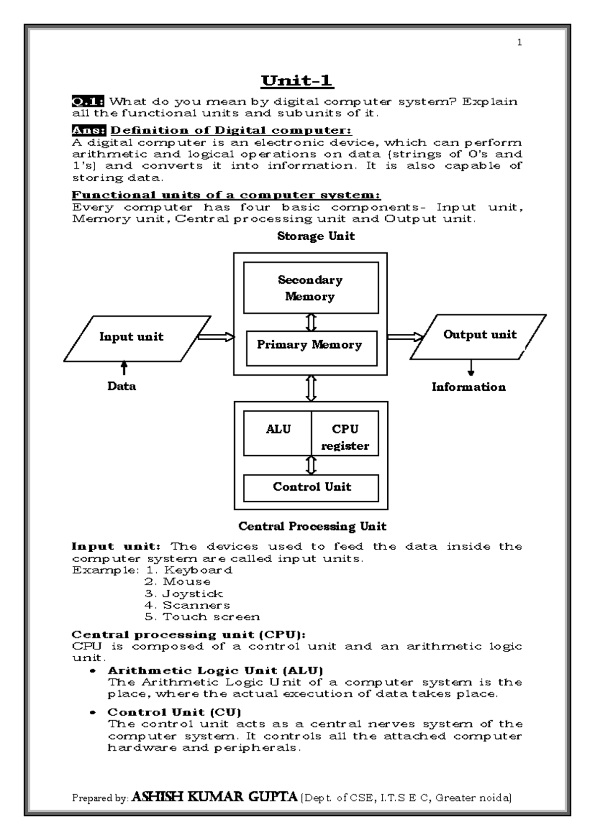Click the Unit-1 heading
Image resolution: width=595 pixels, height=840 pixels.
click(x=297, y=80)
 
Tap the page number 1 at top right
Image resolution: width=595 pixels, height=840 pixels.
click(x=519, y=43)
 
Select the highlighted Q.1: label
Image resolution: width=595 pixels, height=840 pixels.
click(x=88, y=102)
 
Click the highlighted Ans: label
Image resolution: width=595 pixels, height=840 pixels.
click(x=89, y=130)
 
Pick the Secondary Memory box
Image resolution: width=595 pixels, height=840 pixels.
click(x=310, y=288)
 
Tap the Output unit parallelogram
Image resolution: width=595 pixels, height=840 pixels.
click(x=478, y=336)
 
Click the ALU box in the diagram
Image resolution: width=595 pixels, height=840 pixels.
click(x=278, y=432)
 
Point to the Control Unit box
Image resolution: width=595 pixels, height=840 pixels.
click(x=311, y=488)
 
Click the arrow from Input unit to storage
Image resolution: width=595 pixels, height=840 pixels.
click(x=216, y=337)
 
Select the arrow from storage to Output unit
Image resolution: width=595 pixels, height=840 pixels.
click(x=405, y=337)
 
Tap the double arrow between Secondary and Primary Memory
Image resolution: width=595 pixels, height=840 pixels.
click(x=311, y=322)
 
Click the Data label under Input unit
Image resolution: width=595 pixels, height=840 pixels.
click(x=121, y=386)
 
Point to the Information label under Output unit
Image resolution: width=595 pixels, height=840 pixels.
click(x=469, y=387)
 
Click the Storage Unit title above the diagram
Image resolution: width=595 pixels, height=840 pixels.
click(x=315, y=236)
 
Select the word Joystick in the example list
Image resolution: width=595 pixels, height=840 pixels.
click(x=192, y=593)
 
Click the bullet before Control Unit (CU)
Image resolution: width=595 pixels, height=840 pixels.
click(x=92, y=713)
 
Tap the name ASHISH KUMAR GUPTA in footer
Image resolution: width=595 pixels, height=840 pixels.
click(x=215, y=797)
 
